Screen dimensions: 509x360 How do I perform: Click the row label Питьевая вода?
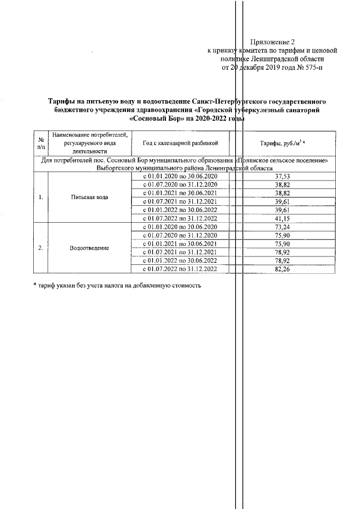(x=89, y=197)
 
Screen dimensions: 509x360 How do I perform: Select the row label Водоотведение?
(x=89, y=248)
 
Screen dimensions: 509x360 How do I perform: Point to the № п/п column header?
(x=41, y=143)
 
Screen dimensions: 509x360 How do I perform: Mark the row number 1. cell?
(x=41, y=197)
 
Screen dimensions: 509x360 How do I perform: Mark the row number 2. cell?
(x=41, y=248)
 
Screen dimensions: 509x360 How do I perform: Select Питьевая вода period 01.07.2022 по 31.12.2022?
(x=181, y=218)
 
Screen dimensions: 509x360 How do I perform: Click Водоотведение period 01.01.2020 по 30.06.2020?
(x=181, y=227)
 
